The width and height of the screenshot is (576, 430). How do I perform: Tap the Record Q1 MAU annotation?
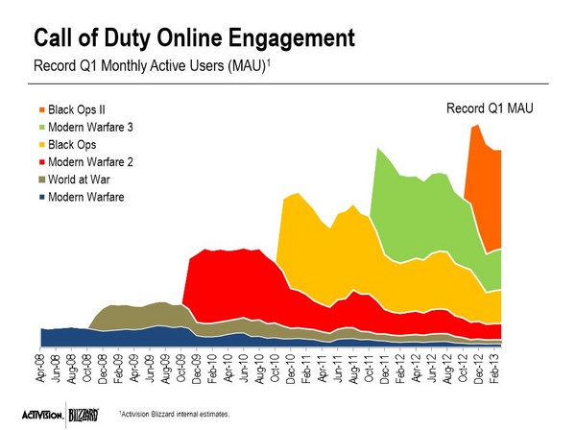489,109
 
